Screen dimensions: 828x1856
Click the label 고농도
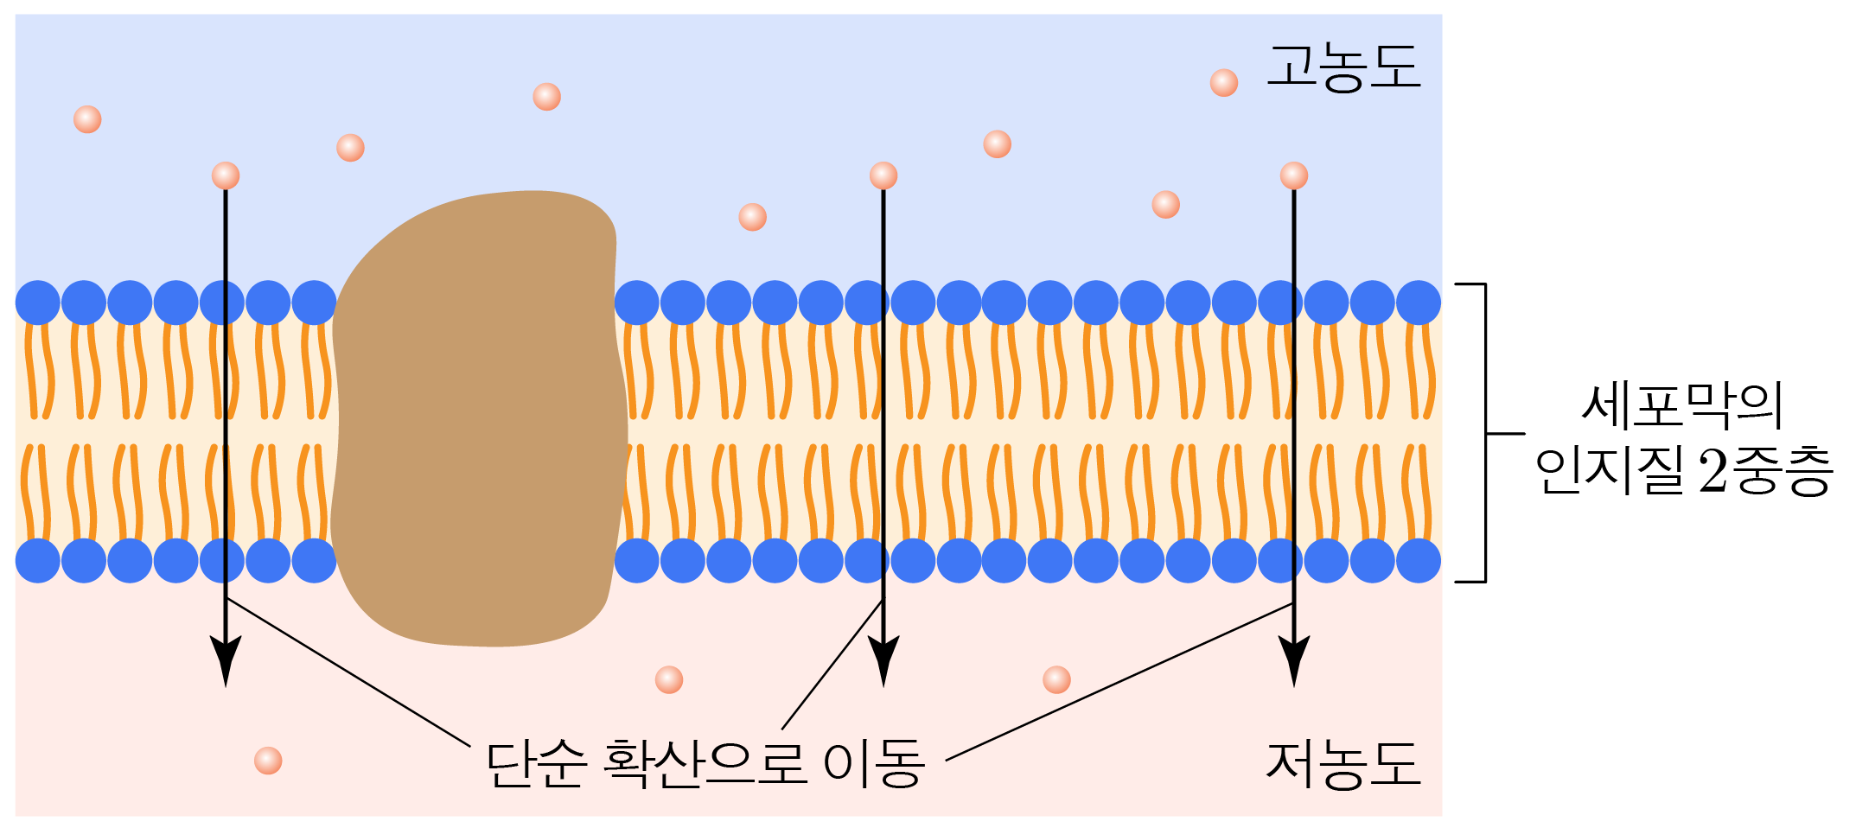click(x=1343, y=67)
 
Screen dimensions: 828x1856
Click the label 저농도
click(x=1343, y=765)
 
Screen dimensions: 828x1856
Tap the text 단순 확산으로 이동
click(x=705, y=764)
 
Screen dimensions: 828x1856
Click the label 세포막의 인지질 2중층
click(x=1682, y=439)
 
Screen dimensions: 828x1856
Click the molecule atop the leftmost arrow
click(x=226, y=175)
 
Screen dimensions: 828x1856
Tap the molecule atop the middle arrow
click(x=883, y=175)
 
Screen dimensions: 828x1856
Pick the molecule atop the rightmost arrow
click(x=1294, y=175)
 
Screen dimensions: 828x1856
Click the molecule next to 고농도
click(x=1224, y=83)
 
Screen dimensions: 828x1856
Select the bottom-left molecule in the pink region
click(x=268, y=761)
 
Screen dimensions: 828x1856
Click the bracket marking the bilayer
click(x=1485, y=432)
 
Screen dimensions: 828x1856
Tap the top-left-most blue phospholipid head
click(x=38, y=303)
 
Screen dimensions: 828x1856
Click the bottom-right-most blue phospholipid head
click(x=1419, y=560)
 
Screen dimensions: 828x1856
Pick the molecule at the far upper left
click(x=87, y=119)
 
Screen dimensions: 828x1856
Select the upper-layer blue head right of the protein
click(x=637, y=303)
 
